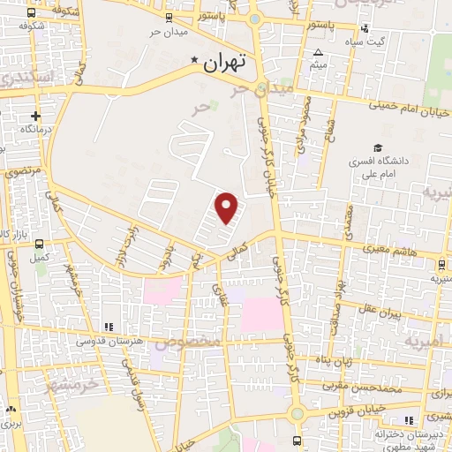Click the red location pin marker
click(x=227, y=207)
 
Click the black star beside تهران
click(x=195, y=61)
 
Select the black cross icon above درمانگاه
click(x=35, y=116)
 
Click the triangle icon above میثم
click(x=317, y=52)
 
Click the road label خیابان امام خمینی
click(x=408, y=110)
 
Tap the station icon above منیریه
click(x=441, y=264)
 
